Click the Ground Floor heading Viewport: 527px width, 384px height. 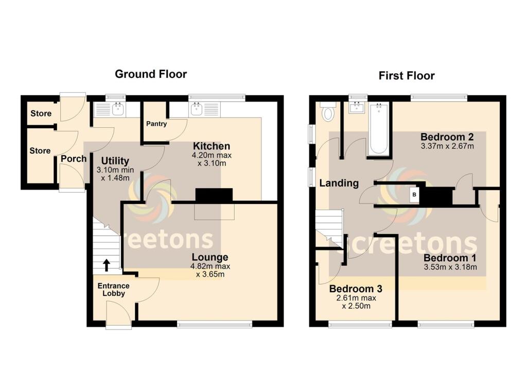(x=150, y=74)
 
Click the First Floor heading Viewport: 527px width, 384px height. (x=406, y=76)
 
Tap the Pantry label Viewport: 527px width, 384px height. (x=156, y=124)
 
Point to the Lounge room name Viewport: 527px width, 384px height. (x=210, y=257)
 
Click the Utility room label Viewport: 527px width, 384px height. (x=115, y=161)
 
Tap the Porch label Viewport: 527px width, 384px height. (x=74, y=159)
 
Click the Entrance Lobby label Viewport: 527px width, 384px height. (x=113, y=290)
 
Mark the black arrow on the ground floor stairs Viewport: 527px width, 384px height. (x=107, y=265)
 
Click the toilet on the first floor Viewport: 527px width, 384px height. (x=328, y=112)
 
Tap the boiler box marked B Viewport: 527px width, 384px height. (x=413, y=195)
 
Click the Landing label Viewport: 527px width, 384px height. (x=339, y=183)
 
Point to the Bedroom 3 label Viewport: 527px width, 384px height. (x=356, y=289)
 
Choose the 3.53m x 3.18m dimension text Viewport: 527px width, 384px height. (x=450, y=267)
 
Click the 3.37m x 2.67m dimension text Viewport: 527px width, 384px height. (x=447, y=146)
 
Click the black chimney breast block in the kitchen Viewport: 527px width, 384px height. (x=214, y=195)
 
